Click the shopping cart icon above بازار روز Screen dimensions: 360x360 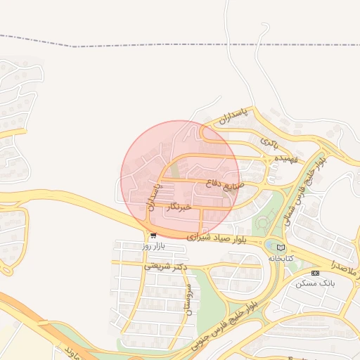(153, 236)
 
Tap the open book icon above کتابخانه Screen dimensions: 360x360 (281, 247)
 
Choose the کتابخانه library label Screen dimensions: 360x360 (280, 258)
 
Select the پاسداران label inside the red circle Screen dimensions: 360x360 (153, 196)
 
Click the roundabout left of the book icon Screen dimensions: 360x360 (269, 245)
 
